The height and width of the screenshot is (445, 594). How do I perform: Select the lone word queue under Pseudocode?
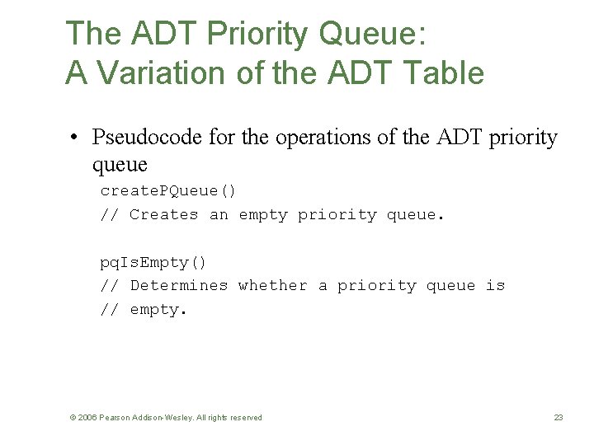point(120,164)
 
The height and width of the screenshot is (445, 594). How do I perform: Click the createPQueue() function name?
point(168,191)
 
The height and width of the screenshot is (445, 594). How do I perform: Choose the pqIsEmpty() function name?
point(153,263)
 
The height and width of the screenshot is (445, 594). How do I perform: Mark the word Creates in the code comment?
point(163,215)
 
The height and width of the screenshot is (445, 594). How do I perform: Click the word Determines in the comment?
point(178,286)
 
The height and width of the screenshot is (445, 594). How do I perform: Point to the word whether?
point(272,286)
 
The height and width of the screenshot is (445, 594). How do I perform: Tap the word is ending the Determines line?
point(495,286)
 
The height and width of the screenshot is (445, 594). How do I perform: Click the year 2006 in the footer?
point(87,418)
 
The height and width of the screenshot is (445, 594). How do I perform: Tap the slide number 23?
point(559,418)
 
